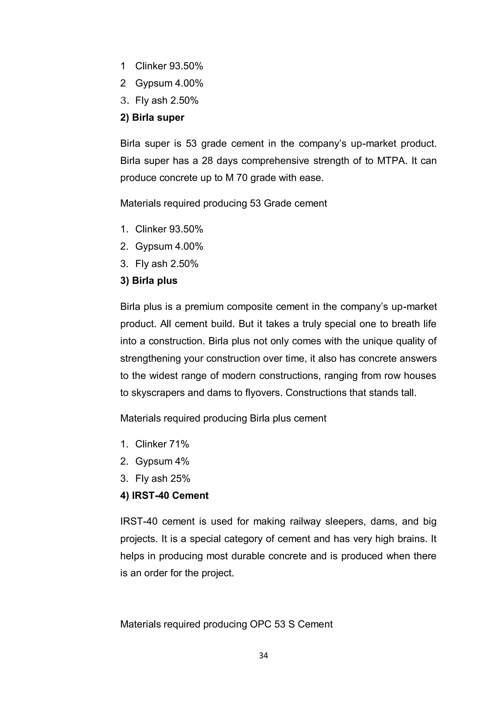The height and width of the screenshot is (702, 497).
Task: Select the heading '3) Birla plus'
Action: point(149,281)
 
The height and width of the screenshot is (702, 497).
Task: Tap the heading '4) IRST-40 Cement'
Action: point(164,496)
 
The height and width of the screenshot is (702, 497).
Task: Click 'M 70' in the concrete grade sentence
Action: point(237,178)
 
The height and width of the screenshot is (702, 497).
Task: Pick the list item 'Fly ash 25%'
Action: point(163,479)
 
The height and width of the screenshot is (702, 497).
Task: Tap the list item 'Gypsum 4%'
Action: point(162,461)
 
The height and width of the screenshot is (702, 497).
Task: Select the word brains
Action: point(411,539)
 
